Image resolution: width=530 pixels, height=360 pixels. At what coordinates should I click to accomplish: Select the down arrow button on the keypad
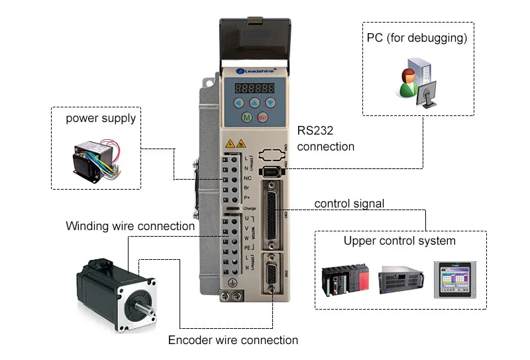270,102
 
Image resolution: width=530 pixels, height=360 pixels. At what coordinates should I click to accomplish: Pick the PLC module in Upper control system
344,280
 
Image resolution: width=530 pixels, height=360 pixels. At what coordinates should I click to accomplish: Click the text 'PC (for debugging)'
417,38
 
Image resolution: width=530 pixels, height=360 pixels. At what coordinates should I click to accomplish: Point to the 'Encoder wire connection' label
233,340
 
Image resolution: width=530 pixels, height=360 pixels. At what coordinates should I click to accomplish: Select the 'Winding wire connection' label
130,226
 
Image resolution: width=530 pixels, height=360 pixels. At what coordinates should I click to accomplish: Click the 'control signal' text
348,203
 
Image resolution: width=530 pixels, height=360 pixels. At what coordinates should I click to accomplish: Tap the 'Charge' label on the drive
231,208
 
